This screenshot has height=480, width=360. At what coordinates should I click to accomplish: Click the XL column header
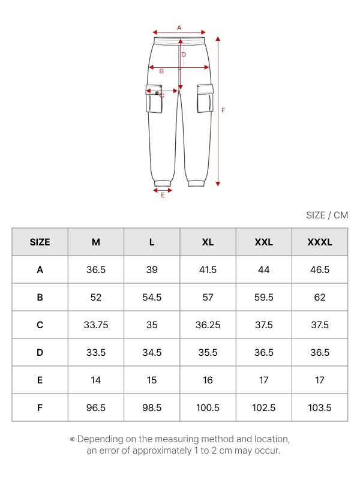[208, 242]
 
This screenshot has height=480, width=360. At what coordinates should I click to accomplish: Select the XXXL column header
[320, 242]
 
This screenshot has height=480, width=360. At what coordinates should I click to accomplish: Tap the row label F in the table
[40, 408]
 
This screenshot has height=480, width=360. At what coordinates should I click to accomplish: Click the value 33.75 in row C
[96, 325]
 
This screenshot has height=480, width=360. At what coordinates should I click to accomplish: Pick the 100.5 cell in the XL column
[208, 408]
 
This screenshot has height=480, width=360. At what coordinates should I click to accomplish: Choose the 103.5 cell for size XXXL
[320, 408]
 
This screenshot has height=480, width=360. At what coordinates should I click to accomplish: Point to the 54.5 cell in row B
[152, 297]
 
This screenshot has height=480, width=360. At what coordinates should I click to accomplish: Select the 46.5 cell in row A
[320, 269]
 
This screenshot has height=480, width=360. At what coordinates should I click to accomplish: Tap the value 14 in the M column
[96, 380]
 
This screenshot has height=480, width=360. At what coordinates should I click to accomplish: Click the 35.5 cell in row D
[208, 352]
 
